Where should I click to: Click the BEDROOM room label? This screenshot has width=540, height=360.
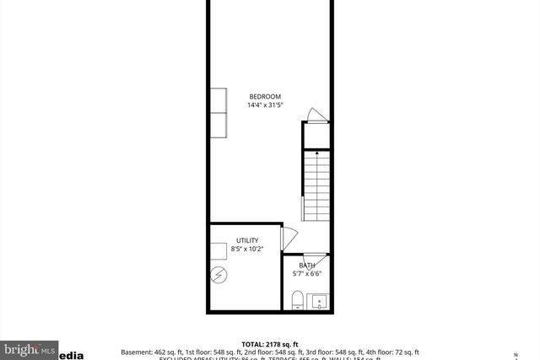pos(264,96)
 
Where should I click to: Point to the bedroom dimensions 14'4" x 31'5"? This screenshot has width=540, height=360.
pos(264,105)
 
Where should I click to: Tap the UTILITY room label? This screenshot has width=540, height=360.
pos(247,240)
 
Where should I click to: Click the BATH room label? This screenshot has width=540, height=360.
pos(307,265)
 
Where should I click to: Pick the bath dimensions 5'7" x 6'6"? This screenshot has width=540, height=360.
pos(307,273)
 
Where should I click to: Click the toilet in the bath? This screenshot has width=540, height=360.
pos(297,300)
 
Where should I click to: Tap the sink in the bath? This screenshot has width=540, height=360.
pos(319,300)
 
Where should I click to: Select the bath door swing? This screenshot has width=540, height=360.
pos(315,257)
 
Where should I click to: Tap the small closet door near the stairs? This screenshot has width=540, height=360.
pos(313,116)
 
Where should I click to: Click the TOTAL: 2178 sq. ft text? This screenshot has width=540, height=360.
pos(270,344)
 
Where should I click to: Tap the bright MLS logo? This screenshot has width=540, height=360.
pos(29,348)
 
